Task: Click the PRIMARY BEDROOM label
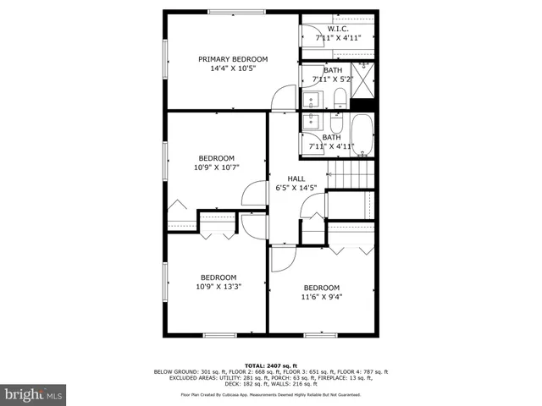(233, 59)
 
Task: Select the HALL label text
(296, 178)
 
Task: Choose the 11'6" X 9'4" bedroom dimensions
(321, 297)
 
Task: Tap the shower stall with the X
(362, 81)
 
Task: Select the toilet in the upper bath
(338, 95)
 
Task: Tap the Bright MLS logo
(33, 393)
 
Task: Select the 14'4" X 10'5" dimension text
(233, 69)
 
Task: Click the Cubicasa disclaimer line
(270, 395)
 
